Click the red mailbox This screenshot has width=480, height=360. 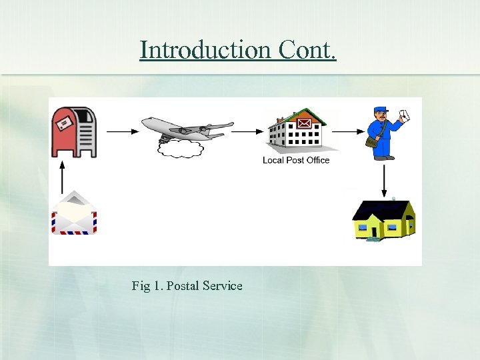(75, 131)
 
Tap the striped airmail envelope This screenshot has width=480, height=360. (75, 214)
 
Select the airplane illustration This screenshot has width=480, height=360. (187, 128)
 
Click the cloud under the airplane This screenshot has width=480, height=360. (180, 148)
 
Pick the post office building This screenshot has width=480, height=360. (297, 131)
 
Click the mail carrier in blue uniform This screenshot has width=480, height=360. (384, 133)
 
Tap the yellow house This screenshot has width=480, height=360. (383, 219)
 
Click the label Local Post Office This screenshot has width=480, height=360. (296, 160)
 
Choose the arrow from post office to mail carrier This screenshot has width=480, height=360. (347, 131)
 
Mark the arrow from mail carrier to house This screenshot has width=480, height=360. (385, 179)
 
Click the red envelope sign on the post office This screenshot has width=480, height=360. (304, 123)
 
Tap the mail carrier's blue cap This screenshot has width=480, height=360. (380, 109)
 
